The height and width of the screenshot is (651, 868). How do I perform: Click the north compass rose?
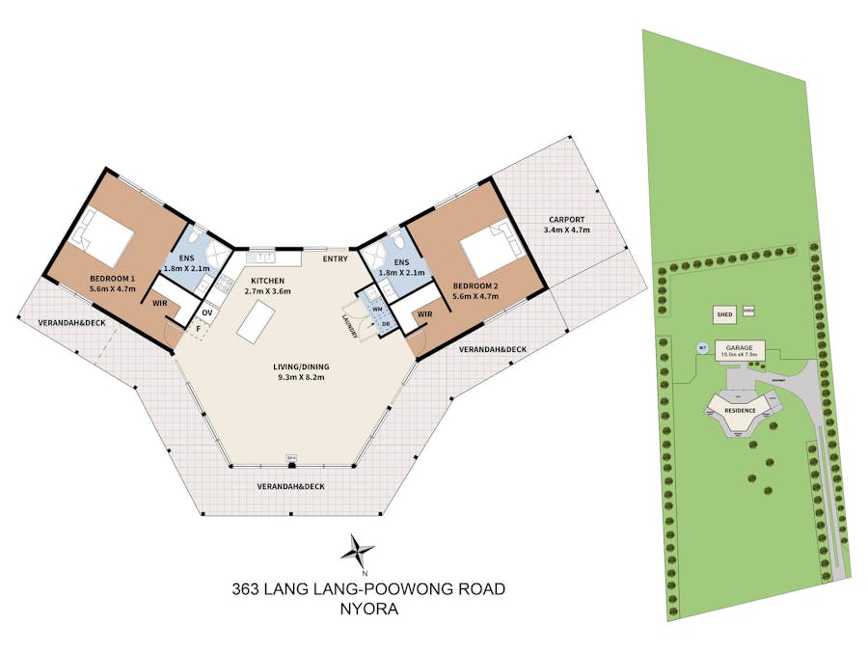[358, 553]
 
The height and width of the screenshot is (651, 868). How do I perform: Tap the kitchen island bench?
[255, 321]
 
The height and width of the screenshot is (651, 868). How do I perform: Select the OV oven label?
[207, 312]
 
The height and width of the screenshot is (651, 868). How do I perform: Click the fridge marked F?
[200, 330]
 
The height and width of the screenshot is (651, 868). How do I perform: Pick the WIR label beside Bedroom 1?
[159, 303]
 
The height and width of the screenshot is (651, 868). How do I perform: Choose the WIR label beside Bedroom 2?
[425, 314]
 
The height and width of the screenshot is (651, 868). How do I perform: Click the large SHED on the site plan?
[724, 314]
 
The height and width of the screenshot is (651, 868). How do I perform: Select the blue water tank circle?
[703, 348]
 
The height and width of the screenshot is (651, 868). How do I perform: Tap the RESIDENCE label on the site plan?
[740, 411]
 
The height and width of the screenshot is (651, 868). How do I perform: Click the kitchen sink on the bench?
[262, 258]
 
